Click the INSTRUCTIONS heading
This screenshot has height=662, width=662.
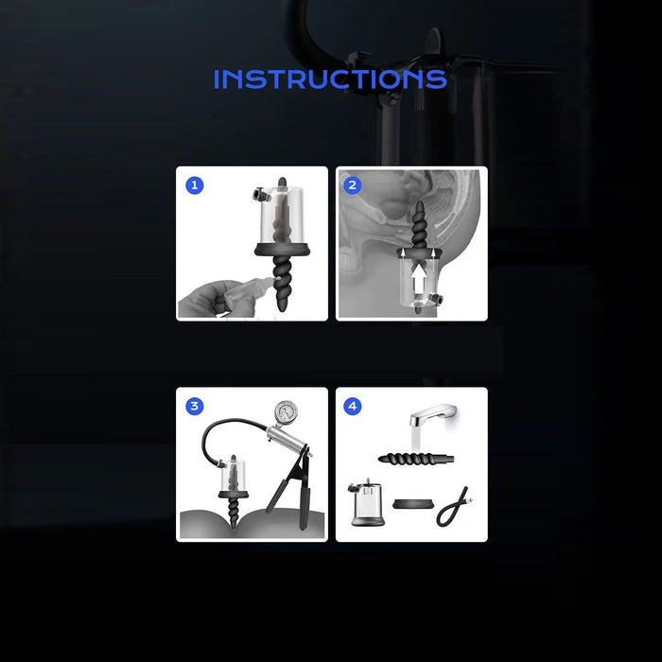point(329,78)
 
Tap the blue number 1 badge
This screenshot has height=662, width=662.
point(194,185)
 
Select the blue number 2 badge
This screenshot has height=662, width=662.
point(352,185)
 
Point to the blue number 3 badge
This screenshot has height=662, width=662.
point(194,406)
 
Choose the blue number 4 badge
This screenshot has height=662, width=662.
point(352,406)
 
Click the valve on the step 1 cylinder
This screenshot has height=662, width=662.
point(257,196)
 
